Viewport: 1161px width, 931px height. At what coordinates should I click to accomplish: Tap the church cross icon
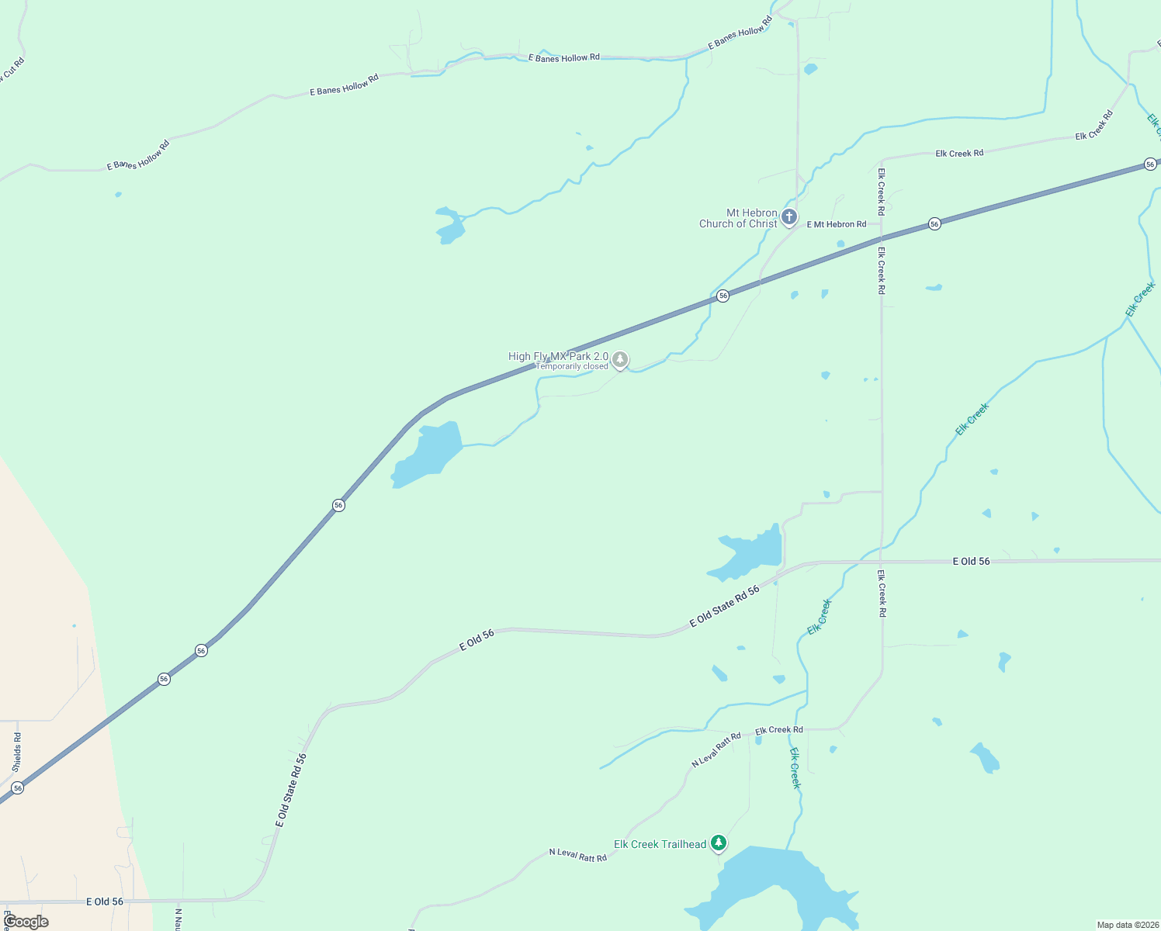pos(789,216)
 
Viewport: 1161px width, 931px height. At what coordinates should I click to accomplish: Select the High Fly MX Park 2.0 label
pos(558,356)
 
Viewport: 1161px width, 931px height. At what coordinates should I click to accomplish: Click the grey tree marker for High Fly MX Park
pos(619,359)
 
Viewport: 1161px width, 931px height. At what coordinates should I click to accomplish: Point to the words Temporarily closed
pos(572,366)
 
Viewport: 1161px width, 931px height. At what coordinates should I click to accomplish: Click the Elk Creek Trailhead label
pos(660,844)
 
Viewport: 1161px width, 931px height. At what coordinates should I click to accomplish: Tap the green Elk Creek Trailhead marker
pos(719,843)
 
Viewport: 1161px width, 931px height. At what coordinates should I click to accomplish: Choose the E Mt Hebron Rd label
pos(837,224)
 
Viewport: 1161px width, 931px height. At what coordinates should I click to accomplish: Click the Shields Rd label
pos(17,751)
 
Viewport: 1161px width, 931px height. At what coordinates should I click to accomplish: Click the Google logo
pos(26,922)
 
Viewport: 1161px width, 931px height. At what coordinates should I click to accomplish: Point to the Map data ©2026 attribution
pos(1127,925)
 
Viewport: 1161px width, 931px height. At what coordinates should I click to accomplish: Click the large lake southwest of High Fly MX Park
pos(427,455)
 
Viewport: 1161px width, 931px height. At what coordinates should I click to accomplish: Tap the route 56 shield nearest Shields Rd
pos(18,787)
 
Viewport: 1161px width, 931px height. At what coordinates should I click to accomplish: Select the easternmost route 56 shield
pos(1150,164)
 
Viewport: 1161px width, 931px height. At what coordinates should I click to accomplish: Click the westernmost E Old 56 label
pos(105,902)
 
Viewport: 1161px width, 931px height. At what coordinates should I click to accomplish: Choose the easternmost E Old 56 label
pos(972,561)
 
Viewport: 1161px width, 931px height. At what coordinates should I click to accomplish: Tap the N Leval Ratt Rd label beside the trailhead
pos(577,854)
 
